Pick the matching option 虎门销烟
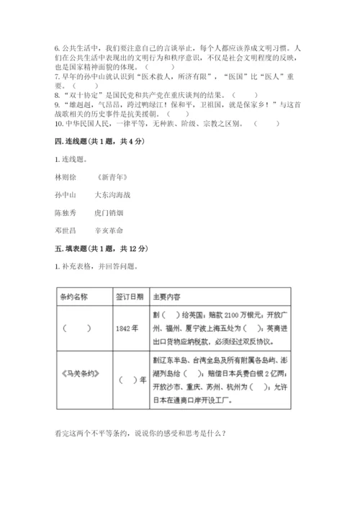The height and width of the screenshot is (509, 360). click(x=109, y=212)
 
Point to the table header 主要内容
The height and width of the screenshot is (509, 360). click(x=171, y=296)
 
